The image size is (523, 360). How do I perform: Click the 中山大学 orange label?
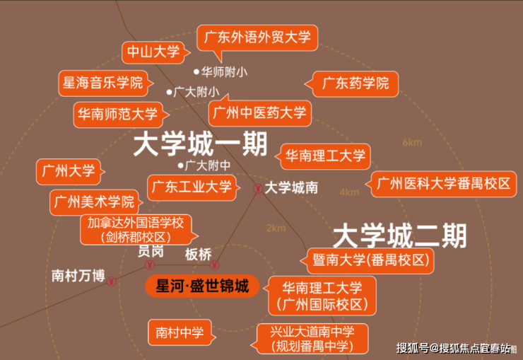tap(153, 52)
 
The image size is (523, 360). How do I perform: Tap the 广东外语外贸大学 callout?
tap(257, 37)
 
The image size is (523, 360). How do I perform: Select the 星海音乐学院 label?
tap(103, 83)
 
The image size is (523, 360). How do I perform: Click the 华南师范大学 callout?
tap(118, 115)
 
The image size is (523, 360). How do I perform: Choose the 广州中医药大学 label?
tap(260, 112)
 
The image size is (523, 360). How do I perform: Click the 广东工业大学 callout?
tap(192, 187)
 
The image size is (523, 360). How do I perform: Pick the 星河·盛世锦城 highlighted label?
tap(202, 286)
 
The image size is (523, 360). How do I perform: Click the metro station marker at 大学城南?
tap(258, 189)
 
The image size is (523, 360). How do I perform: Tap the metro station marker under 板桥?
tap(214, 265)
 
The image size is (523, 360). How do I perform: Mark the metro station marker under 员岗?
tap(150, 265)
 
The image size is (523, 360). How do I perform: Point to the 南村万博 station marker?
tap(112, 281)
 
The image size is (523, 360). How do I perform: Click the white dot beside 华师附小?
tap(196, 71)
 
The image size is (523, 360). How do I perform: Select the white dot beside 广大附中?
tap(180, 166)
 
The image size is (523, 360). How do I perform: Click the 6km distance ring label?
tap(412, 142)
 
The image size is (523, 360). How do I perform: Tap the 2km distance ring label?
tap(276, 228)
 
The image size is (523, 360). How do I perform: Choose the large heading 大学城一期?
tap(201, 144)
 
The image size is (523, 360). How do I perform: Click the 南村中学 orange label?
tap(180, 332)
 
